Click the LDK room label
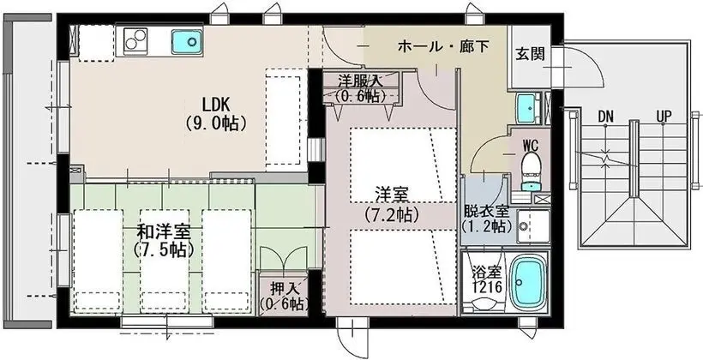click(216, 105)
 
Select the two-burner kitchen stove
click(135, 39)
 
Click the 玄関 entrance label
click(530, 54)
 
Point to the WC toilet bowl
click(531, 166)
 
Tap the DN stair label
click(605, 117)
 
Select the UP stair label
click(664, 117)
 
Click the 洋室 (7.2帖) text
click(392, 206)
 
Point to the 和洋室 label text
click(164, 232)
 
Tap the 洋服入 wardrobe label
click(360, 81)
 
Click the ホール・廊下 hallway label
click(443, 46)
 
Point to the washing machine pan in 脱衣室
click(533, 227)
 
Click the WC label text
click(531, 145)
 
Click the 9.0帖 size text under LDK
click(216, 123)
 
